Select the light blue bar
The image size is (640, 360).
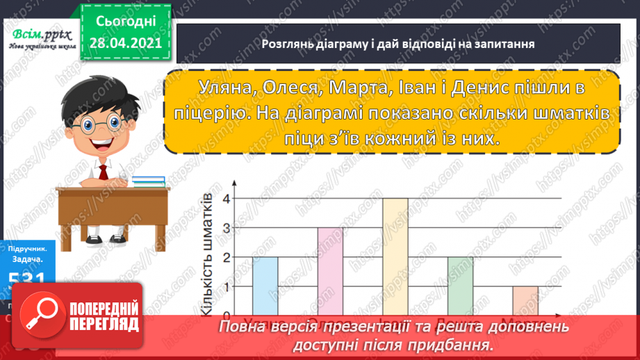click(265, 285)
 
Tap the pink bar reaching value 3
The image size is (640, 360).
click(330, 270)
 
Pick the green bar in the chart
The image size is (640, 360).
click(460, 285)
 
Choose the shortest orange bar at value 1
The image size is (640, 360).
click(525, 300)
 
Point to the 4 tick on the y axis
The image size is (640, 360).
click(225, 199)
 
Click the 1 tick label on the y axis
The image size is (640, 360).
click(225, 286)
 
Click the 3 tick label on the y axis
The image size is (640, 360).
click(225, 228)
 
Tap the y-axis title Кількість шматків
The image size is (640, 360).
click(206, 255)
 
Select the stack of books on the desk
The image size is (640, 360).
click(148, 181)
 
